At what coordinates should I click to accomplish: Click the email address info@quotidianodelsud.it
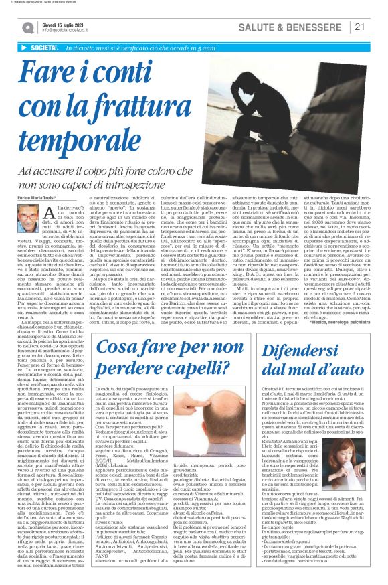click(x=66, y=30)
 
